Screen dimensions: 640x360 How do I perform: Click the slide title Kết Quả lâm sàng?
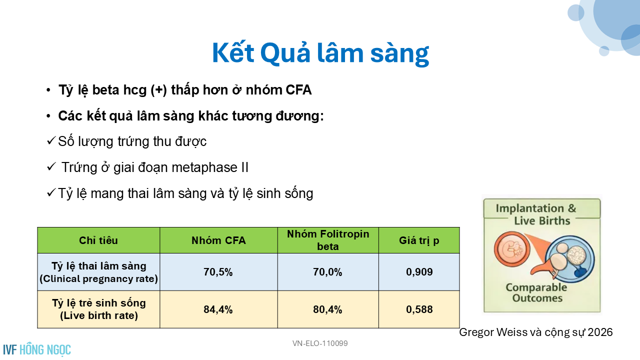pos(320,53)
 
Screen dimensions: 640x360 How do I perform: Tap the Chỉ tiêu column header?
pos(98,240)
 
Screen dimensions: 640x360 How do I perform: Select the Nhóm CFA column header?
pos(218,240)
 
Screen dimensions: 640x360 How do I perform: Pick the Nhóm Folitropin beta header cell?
pos(328,240)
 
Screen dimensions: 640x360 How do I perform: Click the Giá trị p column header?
pos(419,240)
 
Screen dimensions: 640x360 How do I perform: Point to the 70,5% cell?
pos(218,272)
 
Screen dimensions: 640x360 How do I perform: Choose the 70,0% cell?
pos(327,272)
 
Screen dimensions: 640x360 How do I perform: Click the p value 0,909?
pos(419,271)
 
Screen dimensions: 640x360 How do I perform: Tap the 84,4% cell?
pos(218,309)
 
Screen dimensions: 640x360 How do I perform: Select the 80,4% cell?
pos(327,309)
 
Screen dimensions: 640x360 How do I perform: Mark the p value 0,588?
pos(419,309)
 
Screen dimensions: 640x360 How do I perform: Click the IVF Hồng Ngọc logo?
pos(37,349)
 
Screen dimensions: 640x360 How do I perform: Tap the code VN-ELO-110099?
pos(320,343)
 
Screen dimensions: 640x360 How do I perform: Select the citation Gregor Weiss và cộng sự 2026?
pos(536,332)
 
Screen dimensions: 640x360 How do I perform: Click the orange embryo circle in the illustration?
pos(511,249)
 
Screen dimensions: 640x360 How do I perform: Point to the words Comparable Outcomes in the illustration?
pos(536,292)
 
